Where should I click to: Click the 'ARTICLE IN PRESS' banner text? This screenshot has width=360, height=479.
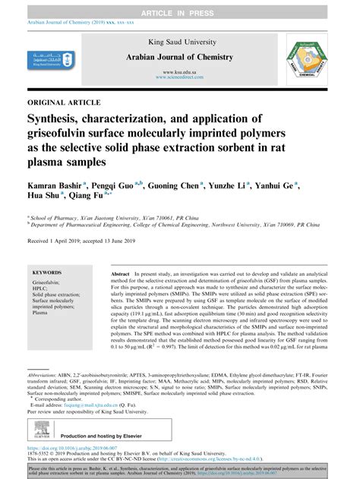pos(179,6)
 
